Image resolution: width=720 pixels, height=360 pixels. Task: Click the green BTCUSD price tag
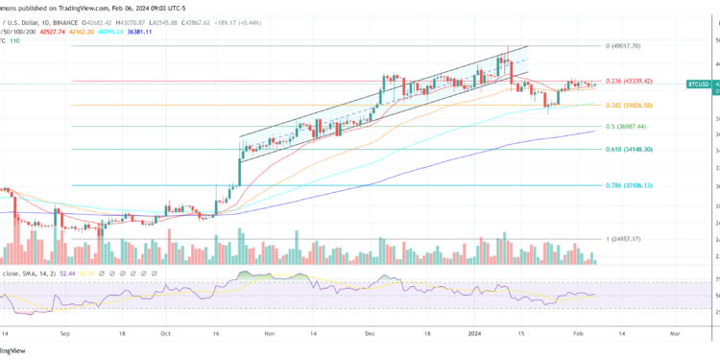pos(699,84)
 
